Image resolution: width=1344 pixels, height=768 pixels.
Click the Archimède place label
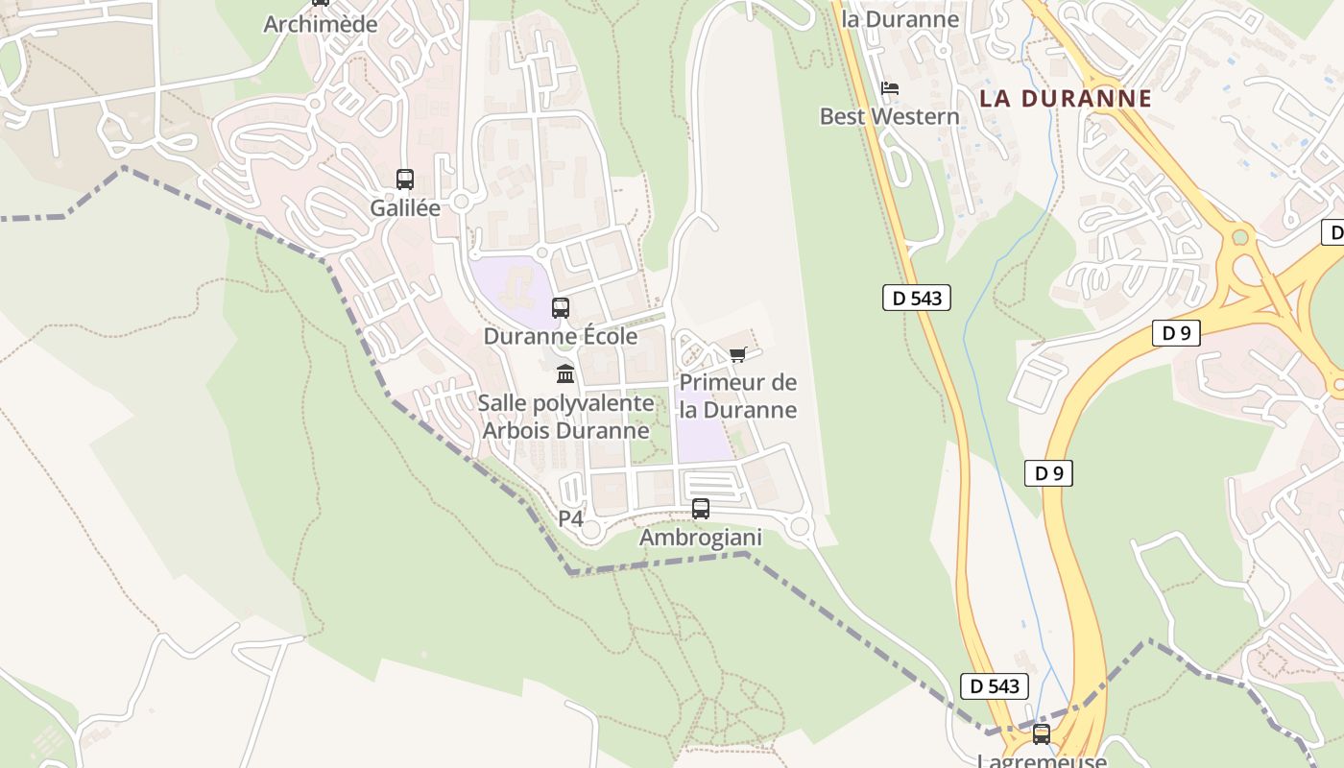point(321,24)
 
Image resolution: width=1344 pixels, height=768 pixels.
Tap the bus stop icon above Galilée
point(405,179)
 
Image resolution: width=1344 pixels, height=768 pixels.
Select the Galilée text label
point(405,207)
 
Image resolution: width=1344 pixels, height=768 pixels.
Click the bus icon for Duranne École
point(561,308)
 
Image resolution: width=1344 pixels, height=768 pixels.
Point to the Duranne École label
point(561,336)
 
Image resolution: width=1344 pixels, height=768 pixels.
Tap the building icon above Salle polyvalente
point(565,373)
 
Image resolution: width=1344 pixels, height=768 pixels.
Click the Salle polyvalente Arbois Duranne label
point(566,417)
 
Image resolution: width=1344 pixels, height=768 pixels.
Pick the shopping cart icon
point(738,354)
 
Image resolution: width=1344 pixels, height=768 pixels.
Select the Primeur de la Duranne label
point(738,396)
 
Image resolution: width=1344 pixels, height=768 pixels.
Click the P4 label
point(570,518)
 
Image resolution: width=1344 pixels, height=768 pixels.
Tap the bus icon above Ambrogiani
point(701,509)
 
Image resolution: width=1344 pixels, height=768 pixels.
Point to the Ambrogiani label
point(701,538)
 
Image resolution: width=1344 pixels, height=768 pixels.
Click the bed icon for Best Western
point(890,88)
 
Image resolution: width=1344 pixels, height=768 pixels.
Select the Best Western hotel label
point(889,116)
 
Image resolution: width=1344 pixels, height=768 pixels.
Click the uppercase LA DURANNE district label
point(1066,98)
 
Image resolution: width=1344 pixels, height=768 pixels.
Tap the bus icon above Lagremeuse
point(1042,734)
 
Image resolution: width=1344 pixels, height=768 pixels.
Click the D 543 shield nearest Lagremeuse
point(995,685)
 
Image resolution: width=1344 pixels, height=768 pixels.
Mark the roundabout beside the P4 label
point(591,530)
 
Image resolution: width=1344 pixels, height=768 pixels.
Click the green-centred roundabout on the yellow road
point(1239,236)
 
